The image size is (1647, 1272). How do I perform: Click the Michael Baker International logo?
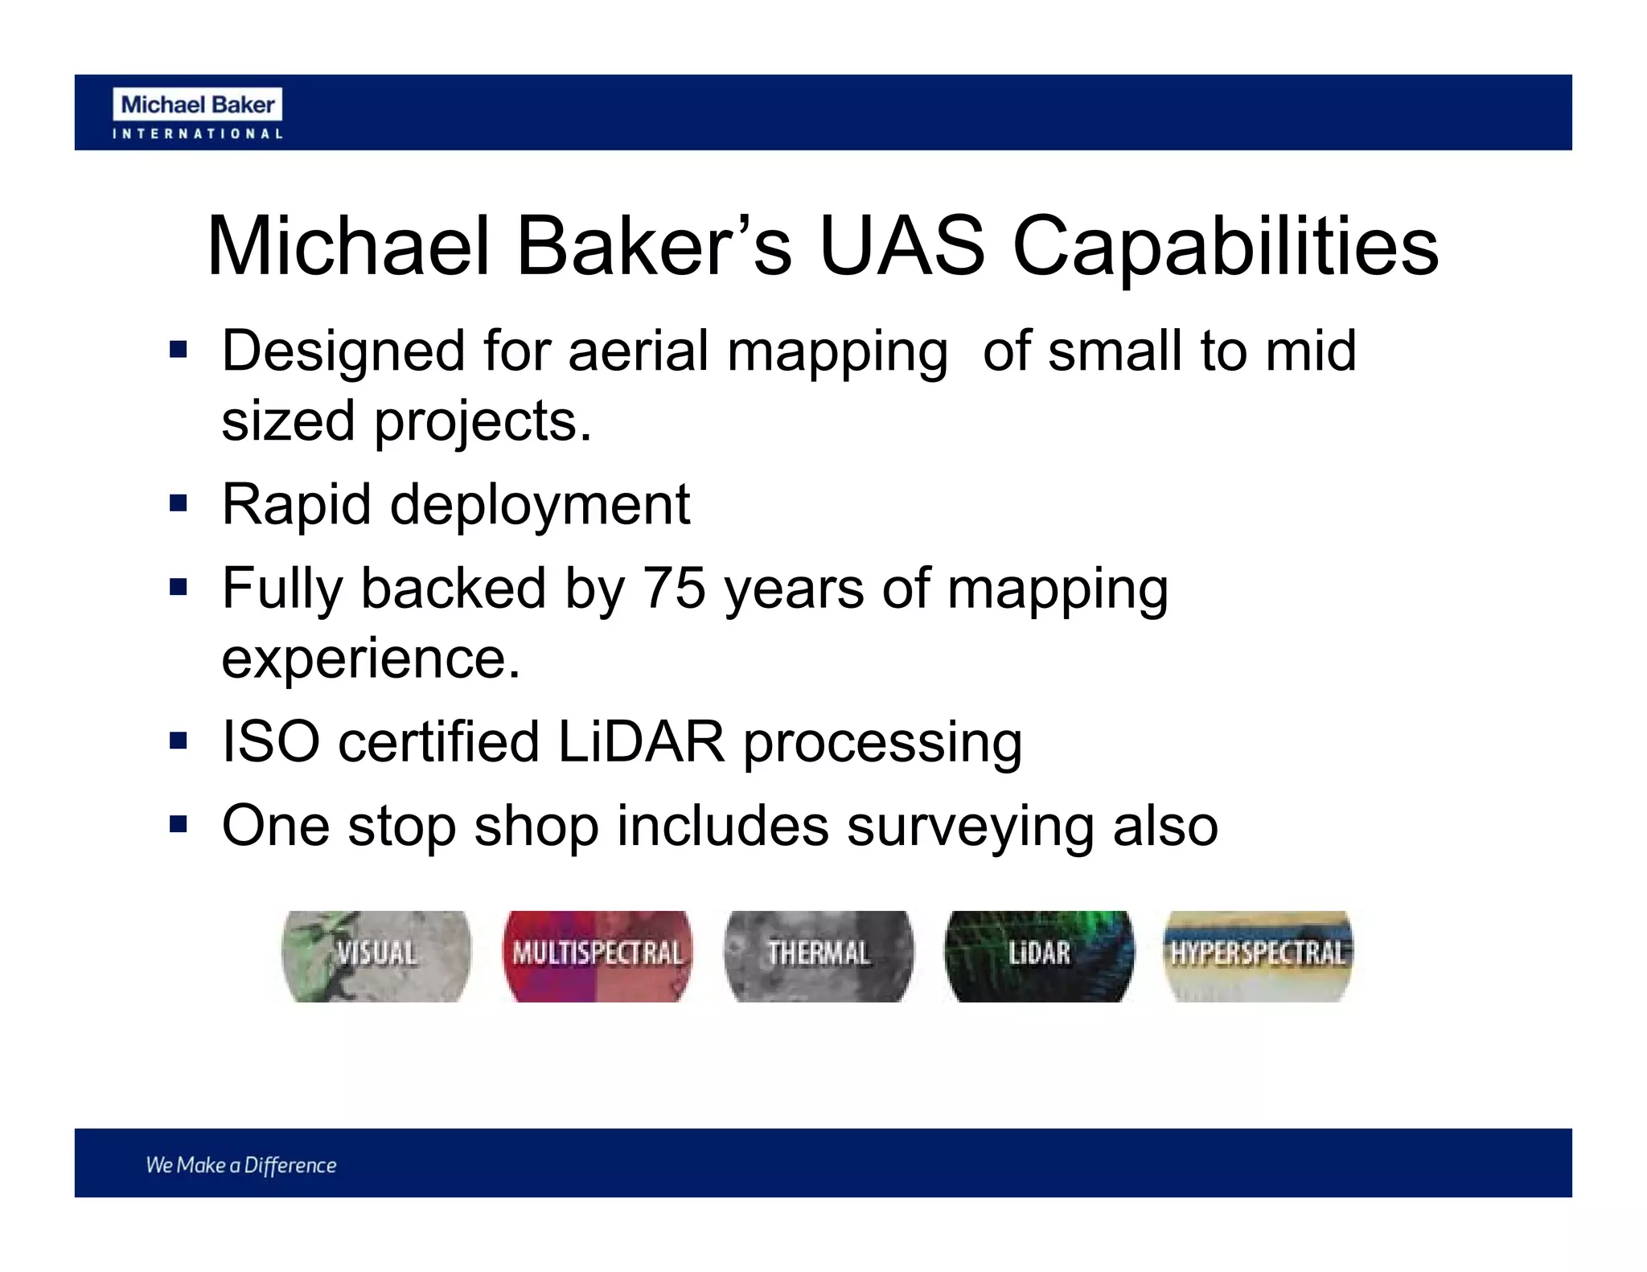click(198, 113)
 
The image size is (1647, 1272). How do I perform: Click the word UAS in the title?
click(902, 246)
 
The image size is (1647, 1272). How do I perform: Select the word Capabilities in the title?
click(1225, 248)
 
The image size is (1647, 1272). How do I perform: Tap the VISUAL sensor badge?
click(376, 955)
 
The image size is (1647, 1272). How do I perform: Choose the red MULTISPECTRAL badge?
click(597, 955)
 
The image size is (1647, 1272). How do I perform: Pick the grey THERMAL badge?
click(818, 955)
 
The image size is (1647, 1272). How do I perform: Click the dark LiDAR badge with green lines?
click(1039, 955)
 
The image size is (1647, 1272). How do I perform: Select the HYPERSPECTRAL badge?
click(1258, 955)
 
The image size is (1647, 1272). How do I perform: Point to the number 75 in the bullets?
click(674, 588)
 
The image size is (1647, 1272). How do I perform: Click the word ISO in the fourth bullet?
click(270, 741)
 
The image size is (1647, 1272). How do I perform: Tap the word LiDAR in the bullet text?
click(641, 741)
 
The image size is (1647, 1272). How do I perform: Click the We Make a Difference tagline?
click(240, 1165)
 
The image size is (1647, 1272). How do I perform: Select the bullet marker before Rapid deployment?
click(179, 504)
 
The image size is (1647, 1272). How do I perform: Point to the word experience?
click(371, 659)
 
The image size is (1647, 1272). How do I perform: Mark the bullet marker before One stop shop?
click(179, 825)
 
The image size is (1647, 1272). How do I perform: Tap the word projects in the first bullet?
click(483, 422)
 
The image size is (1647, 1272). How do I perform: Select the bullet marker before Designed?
click(179, 350)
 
